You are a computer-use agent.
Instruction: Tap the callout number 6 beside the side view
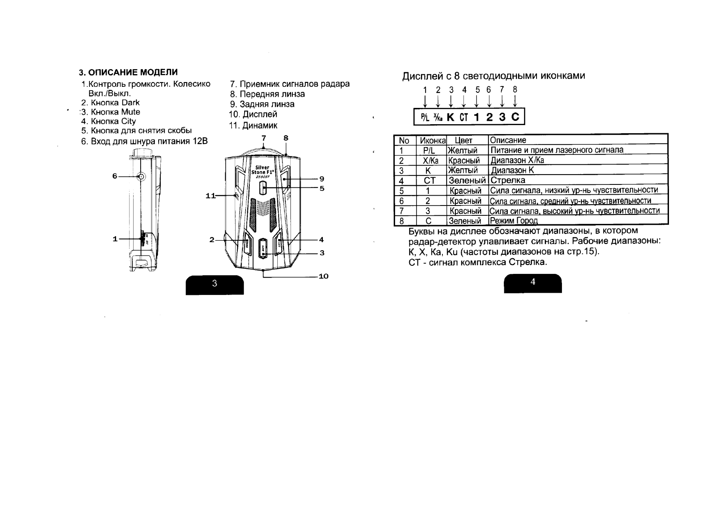[115, 176]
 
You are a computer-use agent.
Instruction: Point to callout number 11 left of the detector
[210, 196]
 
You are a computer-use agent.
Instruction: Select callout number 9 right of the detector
[322, 179]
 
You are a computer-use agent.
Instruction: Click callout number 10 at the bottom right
[323, 276]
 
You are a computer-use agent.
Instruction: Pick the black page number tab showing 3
[215, 284]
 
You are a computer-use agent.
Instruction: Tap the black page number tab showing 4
[533, 282]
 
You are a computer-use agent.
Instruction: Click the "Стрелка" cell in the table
[508, 181]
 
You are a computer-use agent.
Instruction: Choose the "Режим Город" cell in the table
[514, 221]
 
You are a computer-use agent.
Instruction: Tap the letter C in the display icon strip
[515, 117]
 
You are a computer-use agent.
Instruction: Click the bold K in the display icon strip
[451, 117]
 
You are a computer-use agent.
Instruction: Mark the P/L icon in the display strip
[425, 117]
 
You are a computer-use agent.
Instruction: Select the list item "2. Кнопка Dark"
[110, 103]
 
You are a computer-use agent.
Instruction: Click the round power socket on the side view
[140, 176]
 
